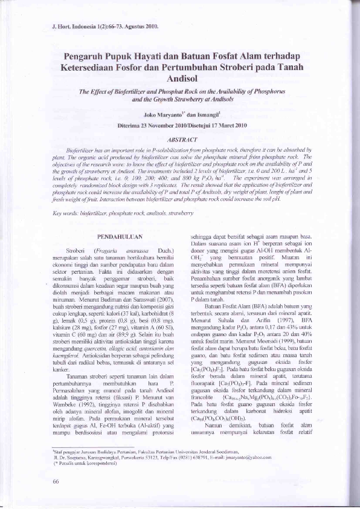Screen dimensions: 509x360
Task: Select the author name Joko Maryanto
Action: pyautogui.click(x=162, y=114)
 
